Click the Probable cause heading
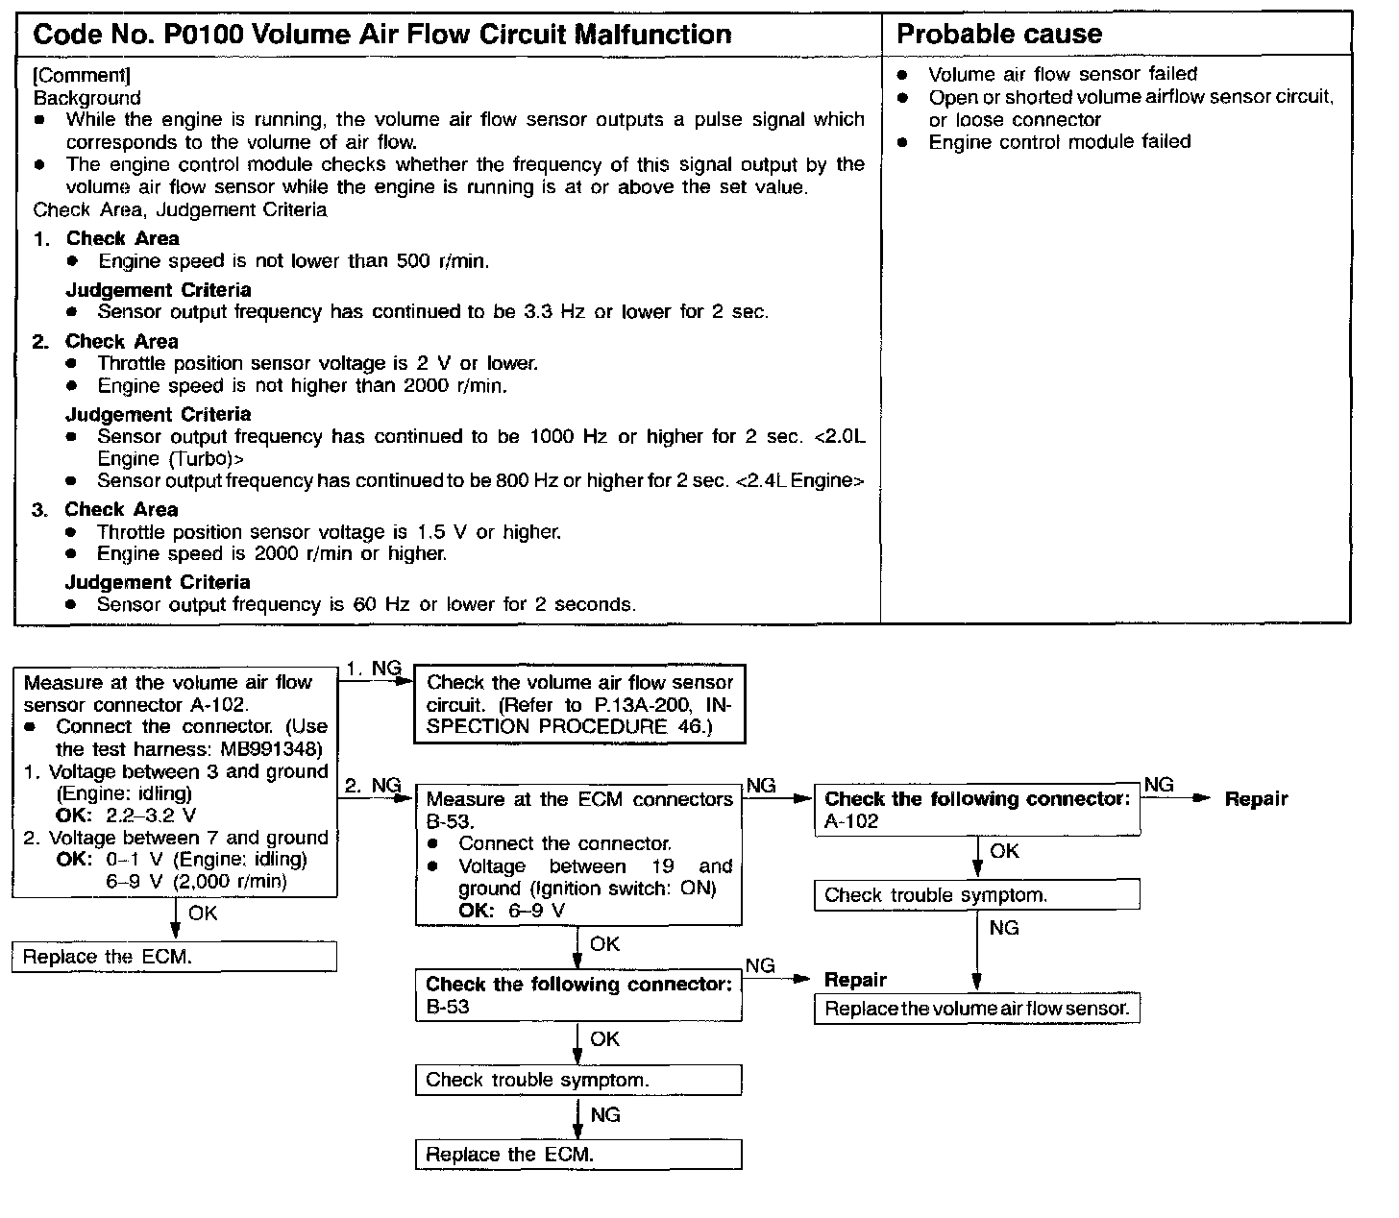998,35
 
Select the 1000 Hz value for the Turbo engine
568,437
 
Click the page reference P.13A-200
635,705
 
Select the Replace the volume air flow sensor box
976,1010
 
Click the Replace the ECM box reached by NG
578,1155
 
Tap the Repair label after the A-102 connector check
1256,799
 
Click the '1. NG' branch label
373,670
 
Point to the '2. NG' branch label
373,786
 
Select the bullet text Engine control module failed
1059,142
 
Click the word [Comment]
82,75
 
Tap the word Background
86,98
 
